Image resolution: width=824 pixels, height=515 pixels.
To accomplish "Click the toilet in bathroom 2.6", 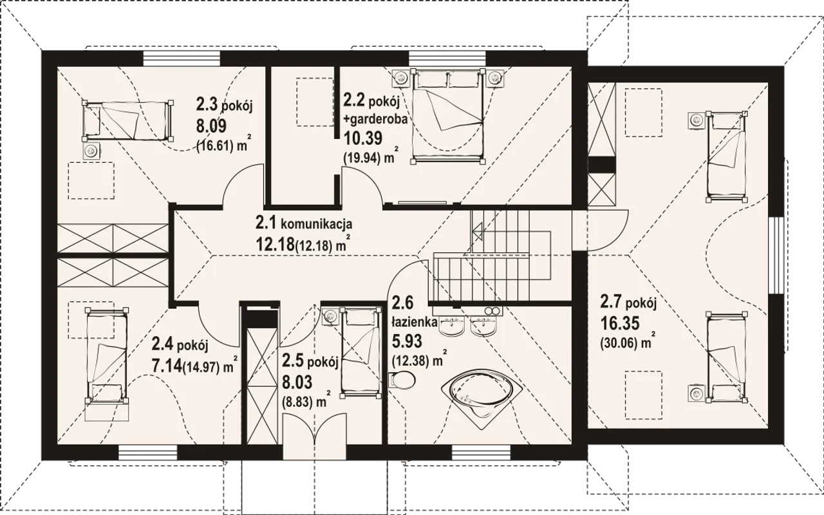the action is coord(401,380).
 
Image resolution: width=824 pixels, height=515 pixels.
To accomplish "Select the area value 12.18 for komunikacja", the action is coord(276,244).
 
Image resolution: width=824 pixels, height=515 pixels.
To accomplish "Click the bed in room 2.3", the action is coord(127,122).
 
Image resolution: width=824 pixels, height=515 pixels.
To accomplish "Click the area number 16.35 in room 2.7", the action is coord(620,324).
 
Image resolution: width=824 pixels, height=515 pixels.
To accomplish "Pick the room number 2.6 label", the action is coord(403,303).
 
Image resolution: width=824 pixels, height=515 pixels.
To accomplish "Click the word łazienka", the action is coord(415,323).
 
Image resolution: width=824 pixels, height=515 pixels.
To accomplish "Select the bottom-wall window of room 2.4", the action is coord(147,453).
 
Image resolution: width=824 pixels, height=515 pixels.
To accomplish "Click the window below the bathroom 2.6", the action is coord(482,453).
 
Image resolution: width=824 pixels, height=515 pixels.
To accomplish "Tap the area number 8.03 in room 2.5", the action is coord(297,382).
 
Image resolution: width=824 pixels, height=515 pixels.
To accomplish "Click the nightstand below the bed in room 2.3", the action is coord(91,150).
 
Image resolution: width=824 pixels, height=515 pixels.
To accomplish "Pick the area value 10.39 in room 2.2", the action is coord(363,138).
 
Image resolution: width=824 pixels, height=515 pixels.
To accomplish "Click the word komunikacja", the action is coord(316,223).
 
